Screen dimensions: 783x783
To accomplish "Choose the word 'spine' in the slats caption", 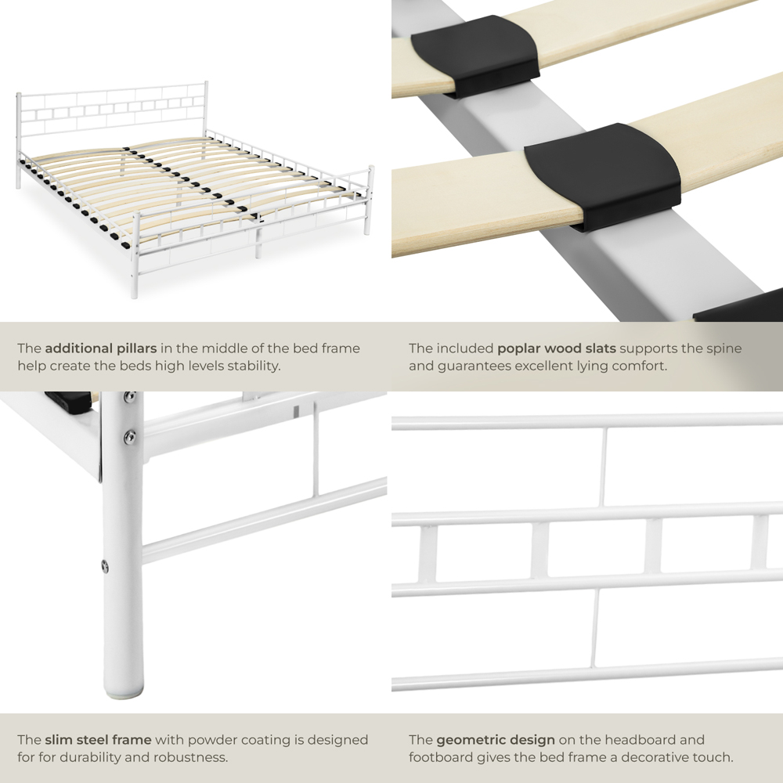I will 724,348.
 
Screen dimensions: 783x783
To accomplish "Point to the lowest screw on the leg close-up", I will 104,565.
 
